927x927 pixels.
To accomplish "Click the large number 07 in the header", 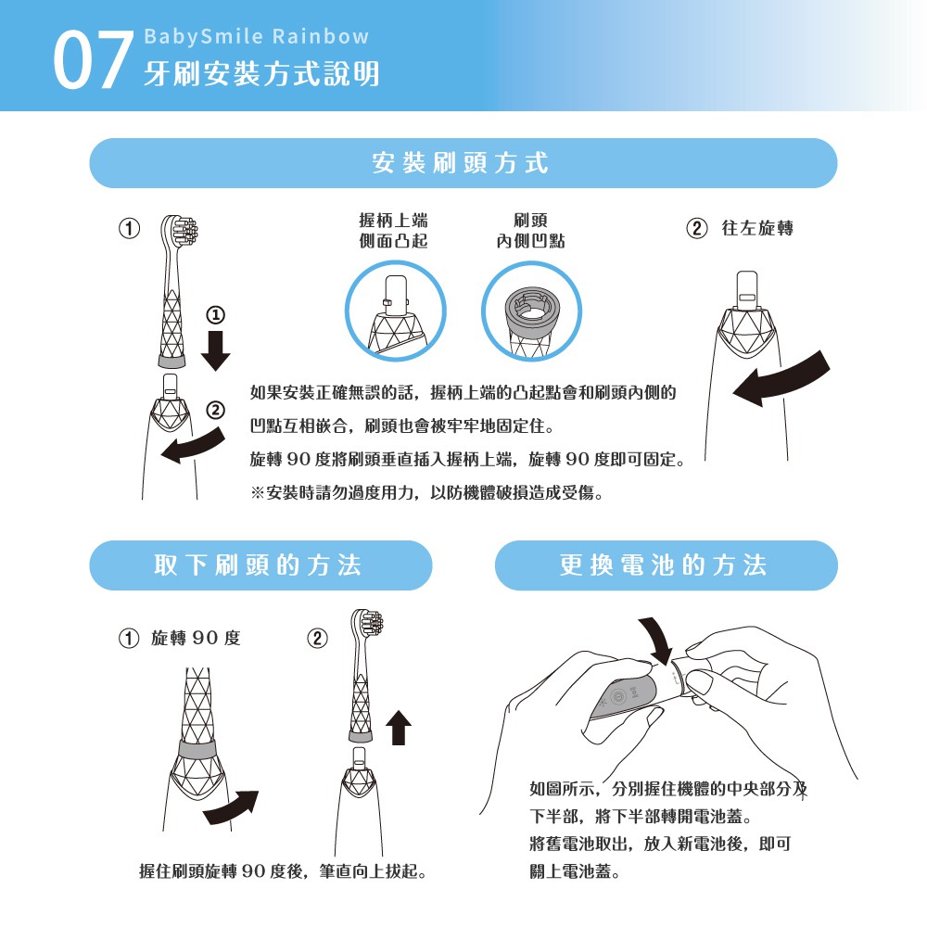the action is point(93,60).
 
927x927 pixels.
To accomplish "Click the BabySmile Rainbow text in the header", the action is point(257,37).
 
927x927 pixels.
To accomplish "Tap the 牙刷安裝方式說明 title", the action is point(261,74).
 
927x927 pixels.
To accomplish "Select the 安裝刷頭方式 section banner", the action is point(463,163).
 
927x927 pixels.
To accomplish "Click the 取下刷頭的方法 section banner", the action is point(260,565).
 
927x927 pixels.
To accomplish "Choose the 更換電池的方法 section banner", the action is point(667,565).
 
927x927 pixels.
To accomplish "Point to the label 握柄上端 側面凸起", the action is point(394,231).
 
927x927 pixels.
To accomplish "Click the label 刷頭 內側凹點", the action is point(530,231).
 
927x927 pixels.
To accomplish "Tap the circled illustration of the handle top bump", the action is point(396,311).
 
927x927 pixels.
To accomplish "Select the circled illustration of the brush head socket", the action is point(531,311).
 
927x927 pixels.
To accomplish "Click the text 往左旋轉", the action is point(757,228).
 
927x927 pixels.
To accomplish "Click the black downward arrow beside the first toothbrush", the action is point(215,350).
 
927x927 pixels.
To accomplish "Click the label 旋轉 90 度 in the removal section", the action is point(196,638).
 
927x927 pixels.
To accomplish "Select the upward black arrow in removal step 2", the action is point(399,727).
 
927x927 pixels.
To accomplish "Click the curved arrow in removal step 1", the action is point(231,807).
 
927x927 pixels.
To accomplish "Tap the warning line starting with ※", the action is point(426,492).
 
